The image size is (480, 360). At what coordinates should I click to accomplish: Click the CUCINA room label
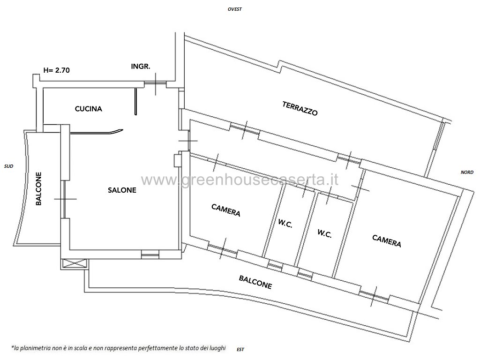click(89, 109)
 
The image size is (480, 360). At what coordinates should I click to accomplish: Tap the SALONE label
click(122, 190)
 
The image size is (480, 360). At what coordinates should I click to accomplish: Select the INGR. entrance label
click(141, 66)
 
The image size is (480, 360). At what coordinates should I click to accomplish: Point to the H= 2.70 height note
click(57, 70)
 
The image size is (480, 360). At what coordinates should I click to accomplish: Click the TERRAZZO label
click(300, 108)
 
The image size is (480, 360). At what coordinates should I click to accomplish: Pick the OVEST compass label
click(235, 9)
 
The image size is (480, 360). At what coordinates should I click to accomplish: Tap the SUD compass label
click(8, 166)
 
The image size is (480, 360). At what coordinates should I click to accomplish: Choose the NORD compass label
click(467, 172)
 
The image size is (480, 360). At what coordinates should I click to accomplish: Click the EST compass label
click(240, 349)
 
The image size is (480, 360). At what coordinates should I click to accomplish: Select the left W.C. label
click(285, 224)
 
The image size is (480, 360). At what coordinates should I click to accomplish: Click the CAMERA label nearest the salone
click(226, 210)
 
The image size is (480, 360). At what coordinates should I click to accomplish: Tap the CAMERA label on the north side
click(387, 241)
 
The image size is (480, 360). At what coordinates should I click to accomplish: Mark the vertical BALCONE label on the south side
click(38, 188)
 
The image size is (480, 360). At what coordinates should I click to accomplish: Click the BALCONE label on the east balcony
click(255, 282)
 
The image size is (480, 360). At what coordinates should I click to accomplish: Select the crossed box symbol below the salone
click(75, 264)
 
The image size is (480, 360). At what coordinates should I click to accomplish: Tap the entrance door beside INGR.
click(156, 83)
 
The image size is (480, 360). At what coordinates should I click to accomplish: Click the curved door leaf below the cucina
click(97, 133)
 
